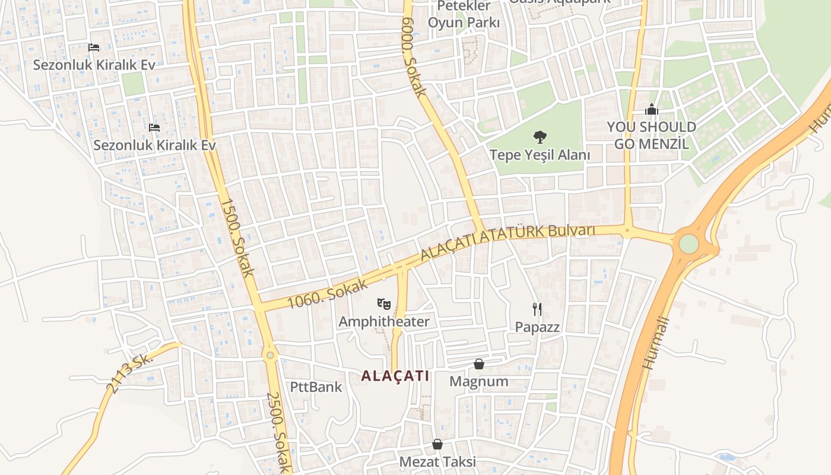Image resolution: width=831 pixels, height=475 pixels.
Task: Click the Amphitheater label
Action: pos(383,321)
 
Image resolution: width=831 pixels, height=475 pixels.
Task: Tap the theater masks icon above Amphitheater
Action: pos(384,305)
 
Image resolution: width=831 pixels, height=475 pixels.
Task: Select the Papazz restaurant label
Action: pos(537,327)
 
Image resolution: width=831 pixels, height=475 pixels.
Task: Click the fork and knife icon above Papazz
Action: pos(537,309)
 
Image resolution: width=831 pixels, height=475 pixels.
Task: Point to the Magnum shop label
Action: pos(478,381)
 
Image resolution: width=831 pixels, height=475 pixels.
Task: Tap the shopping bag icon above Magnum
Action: pos(479,364)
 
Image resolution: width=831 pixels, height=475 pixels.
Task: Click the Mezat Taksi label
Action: pos(437,461)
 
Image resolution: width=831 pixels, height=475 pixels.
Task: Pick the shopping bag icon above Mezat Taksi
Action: pos(437,444)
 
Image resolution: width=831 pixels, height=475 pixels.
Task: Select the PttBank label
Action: pos(316,387)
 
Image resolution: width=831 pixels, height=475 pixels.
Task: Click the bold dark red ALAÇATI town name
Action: pos(395,376)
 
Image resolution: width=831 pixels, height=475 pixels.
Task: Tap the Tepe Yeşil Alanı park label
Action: pos(540,155)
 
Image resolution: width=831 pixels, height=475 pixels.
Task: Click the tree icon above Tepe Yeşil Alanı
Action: pos(540,137)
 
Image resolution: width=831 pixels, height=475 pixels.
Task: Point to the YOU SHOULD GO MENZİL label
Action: pos(651,135)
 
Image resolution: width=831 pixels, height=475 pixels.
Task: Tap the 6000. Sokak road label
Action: pos(414,58)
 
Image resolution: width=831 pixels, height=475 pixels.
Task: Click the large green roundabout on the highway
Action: pos(689,243)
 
